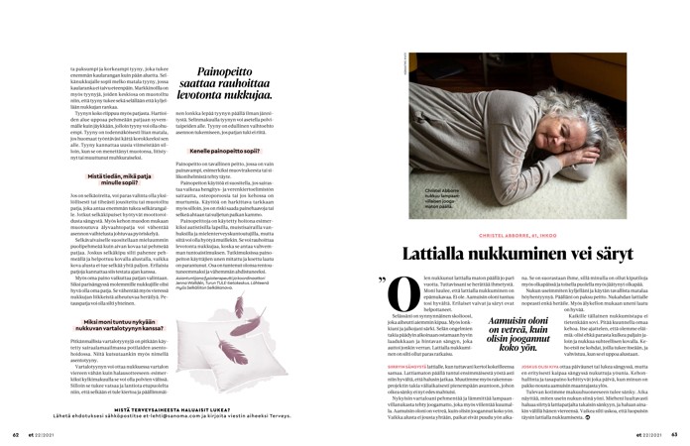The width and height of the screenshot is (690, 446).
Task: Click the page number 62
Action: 16,432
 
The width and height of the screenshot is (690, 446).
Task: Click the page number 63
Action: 673,432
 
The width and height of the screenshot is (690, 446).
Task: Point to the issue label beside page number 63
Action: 648,432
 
